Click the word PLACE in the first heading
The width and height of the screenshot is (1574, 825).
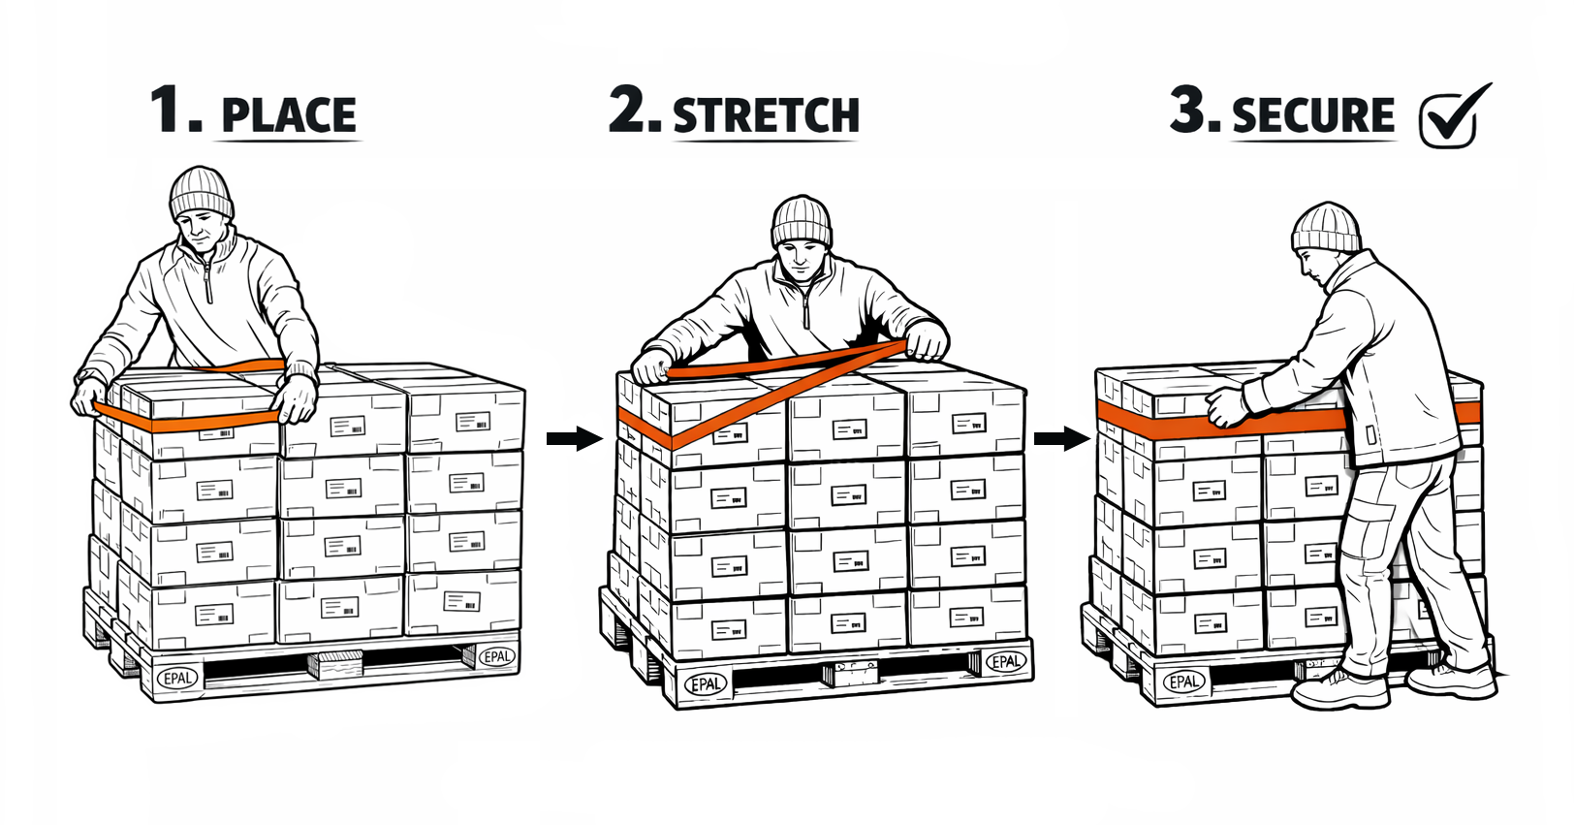tap(289, 116)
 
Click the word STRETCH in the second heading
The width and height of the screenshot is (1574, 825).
tap(766, 115)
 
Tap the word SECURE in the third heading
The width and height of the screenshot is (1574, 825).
tap(1313, 115)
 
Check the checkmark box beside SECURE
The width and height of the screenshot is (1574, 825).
tap(1450, 118)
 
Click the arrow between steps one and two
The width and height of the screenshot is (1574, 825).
tap(574, 438)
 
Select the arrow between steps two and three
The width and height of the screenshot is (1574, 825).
tap(1061, 438)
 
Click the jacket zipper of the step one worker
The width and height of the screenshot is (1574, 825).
tap(207, 281)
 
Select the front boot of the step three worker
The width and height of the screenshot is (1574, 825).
tap(1339, 688)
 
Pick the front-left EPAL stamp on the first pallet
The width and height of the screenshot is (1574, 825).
tap(177, 679)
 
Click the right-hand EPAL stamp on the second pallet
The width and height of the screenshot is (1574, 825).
tap(1006, 662)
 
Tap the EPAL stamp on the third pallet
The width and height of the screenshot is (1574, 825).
tap(1184, 681)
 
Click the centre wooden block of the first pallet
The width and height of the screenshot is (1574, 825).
tap(336, 664)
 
